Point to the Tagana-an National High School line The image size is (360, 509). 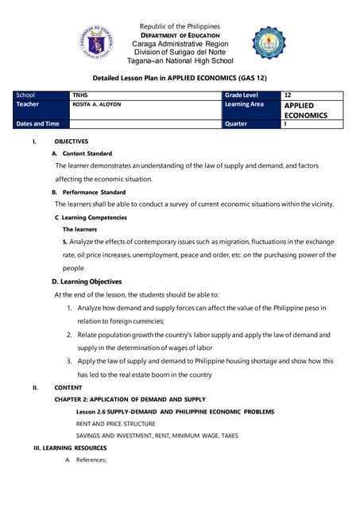click(180, 60)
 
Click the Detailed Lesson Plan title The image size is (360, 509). click(180, 79)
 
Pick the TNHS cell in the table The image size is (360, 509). click(80, 95)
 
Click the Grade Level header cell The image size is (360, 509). click(243, 95)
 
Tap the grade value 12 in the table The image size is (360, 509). click(288, 95)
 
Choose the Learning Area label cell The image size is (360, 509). click(244, 104)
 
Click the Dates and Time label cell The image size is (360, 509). click(37, 124)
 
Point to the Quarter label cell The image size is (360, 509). click(236, 124)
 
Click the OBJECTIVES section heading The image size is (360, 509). click(71, 141)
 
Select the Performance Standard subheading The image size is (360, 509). click(89, 192)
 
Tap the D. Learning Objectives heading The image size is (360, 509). click(87, 282)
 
